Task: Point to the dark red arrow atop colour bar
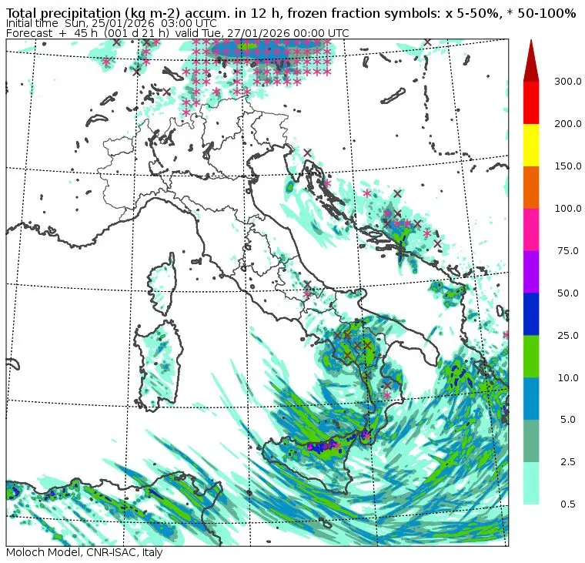pos(531,62)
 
